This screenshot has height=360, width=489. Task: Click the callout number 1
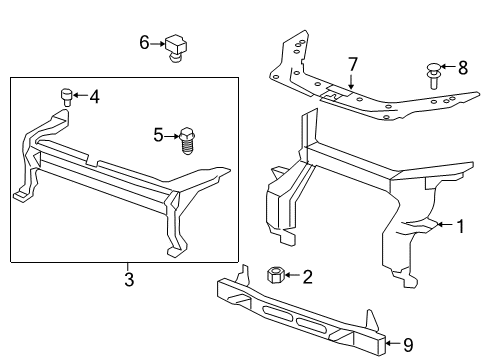point(461,227)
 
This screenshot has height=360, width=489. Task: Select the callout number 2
point(308,276)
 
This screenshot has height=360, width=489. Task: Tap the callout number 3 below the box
point(129,278)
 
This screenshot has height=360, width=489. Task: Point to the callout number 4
point(94,97)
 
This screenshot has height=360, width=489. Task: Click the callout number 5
point(157,133)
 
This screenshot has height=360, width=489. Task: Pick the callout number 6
point(144,42)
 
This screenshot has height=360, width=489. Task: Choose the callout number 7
point(352,65)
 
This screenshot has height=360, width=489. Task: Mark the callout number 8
point(461,70)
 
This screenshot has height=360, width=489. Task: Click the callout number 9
point(408,345)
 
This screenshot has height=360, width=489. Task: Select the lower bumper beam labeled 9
point(300,309)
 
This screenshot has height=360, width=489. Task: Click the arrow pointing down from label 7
point(352,82)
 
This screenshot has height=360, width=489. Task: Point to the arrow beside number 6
point(157,43)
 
